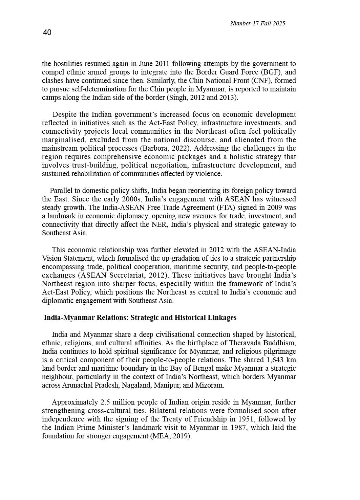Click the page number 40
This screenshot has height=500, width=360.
pyautogui.click(x=47, y=32)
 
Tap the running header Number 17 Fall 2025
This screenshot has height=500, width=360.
pyautogui.click(x=257, y=23)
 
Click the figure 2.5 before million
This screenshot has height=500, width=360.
pyautogui.click(x=105, y=402)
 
